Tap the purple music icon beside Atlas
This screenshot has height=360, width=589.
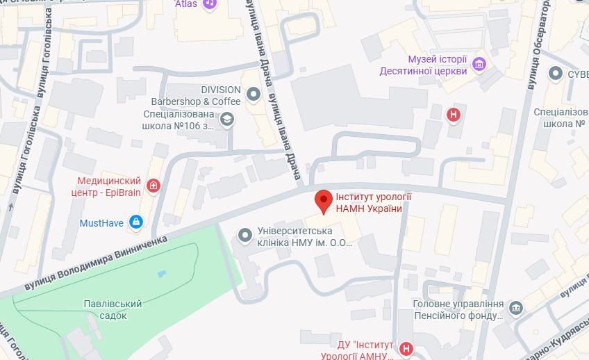pyautogui.click(x=210, y=4)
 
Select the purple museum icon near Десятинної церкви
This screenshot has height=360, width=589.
pyautogui.click(x=479, y=65)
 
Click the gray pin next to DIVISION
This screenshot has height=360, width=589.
pyautogui.click(x=254, y=93)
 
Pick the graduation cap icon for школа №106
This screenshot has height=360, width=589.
pyautogui.click(x=226, y=120)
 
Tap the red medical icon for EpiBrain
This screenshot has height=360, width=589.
pyautogui.click(x=152, y=186)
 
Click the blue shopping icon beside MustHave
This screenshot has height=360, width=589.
pyautogui.click(x=136, y=222)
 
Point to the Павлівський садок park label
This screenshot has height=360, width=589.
pyautogui.click(x=113, y=309)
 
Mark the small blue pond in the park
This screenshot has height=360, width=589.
pyautogui.click(x=162, y=273)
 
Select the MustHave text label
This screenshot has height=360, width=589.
pyautogui.click(x=103, y=222)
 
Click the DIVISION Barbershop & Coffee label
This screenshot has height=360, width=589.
pyautogui.click(x=201, y=96)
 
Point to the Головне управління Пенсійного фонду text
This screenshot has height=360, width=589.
pyautogui.click(x=458, y=310)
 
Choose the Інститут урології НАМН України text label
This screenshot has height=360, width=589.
pyautogui.click(x=370, y=202)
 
